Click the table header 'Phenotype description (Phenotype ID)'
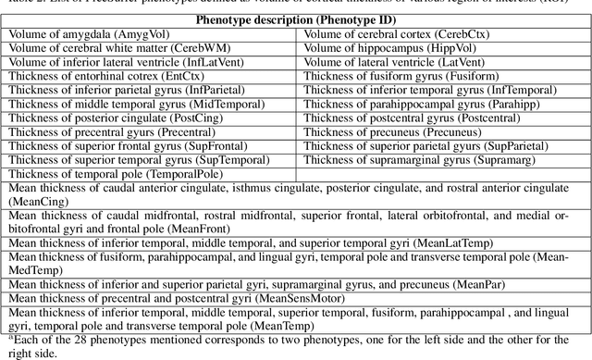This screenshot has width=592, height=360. tap(297, 19)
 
